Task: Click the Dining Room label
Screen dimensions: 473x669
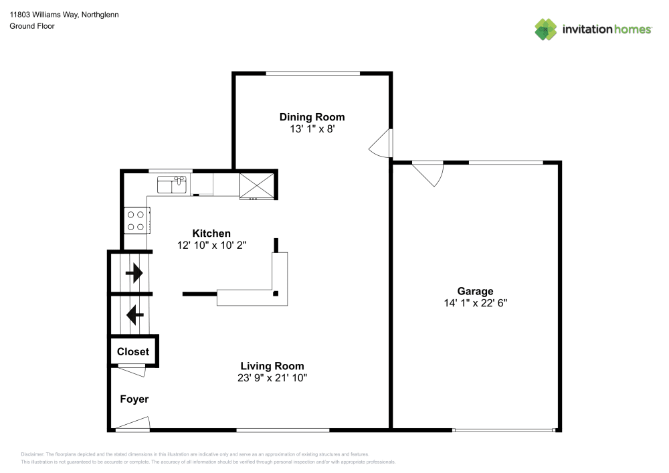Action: click(x=312, y=117)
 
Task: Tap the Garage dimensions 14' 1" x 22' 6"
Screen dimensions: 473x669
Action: click(x=475, y=302)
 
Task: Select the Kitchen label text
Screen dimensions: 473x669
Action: click(x=211, y=233)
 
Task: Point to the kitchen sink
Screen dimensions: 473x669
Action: click(x=171, y=184)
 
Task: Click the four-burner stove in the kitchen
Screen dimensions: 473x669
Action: click(x=136, y=220)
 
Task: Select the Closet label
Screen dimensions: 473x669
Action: click(x=133, y=351)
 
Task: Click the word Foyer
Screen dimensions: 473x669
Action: click(x=134, y=399)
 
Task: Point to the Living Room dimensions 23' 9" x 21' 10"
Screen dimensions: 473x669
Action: click(x=272, y=377)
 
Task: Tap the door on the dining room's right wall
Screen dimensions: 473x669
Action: click(x=382, y=143)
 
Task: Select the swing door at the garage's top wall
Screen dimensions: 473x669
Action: click(x=428, y=173)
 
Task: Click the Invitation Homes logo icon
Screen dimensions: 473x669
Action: click(x=546, y=29)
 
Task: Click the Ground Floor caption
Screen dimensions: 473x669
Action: click(x=32, y=26)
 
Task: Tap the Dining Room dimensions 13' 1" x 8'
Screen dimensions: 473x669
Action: click(x=312, y=129)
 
